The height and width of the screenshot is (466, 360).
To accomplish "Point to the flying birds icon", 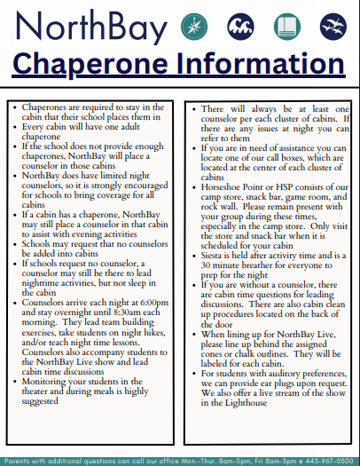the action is pos(331,24).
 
